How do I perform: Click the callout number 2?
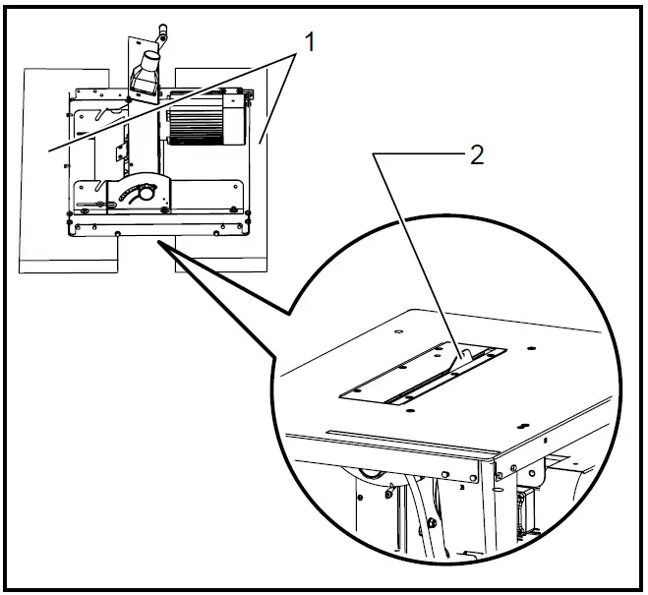[x=476, y=156]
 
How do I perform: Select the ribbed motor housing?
[x=198, y=121]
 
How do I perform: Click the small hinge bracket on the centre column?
[x=122, y=149]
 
